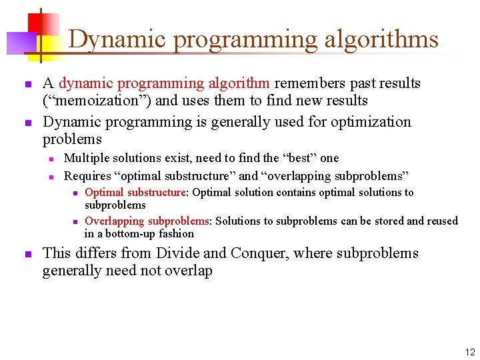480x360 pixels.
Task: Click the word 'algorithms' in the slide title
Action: coord(381,40)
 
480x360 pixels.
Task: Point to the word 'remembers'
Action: coord(307,83)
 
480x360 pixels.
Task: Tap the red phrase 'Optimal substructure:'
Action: coord(137,193)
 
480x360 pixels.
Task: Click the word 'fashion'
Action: coord(177,233)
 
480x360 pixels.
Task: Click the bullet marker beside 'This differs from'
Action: coord(27,254)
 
